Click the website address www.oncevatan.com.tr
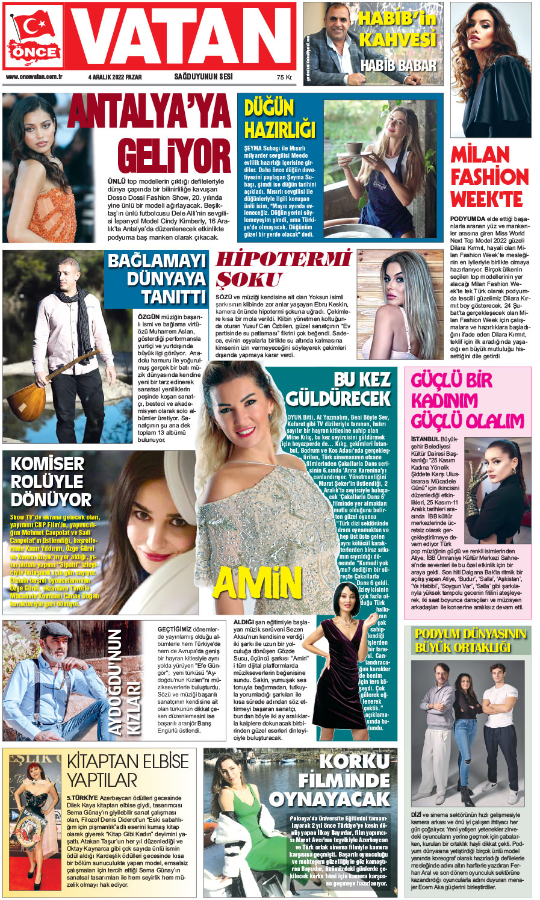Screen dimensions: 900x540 click(34, 77)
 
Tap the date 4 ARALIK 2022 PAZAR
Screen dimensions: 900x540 click(115, 77)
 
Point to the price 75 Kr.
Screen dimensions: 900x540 click(284, 78)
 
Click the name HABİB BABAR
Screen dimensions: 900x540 click(398, 65)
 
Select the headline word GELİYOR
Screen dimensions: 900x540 click(174, 155)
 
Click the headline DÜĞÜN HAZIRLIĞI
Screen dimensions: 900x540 click(279, 119)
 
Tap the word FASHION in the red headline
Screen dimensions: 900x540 click(489, 177)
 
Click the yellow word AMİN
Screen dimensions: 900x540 click(257, 583)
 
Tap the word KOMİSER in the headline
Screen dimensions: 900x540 click(48, 464)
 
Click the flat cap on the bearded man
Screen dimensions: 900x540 click(56, 631)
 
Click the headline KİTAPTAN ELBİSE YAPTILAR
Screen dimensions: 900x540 click(127, 770)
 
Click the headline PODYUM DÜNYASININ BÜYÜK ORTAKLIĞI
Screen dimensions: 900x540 click(470, 641)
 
